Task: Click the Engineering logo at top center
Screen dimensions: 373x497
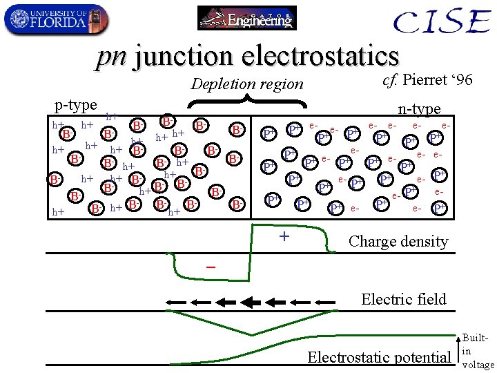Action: pyautogui.click(x=246, y=18)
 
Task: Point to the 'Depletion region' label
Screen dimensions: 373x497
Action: pyautogui.click(x=246, y=84)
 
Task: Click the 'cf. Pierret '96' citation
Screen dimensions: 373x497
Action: pyautogui.click(x=427, y=80)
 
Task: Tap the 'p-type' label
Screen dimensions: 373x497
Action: pyautogui.click(x=75, y=105)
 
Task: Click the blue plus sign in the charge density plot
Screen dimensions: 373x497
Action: pyautogui.click(x=283, y=237)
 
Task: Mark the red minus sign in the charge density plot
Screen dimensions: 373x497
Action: pyautogui.click(x=210, y=267)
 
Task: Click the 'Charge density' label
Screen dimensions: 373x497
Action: pyautogui.click(x=398, y=241)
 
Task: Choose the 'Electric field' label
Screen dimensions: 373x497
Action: pyautogui.click(x=404, y=299)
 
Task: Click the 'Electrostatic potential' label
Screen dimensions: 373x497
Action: pyautogui.click(x=378, y=357)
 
